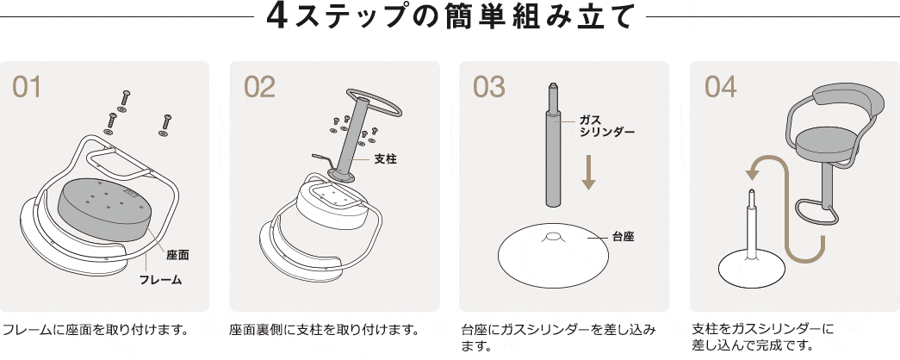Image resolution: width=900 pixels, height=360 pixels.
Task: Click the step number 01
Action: point(27,87)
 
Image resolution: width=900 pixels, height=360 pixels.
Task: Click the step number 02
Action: point(259,87)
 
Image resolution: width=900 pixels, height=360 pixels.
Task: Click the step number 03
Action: point(489,87)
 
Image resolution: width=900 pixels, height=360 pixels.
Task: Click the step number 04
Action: point(721,87)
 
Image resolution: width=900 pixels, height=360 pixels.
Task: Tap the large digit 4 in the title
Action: point(277,18)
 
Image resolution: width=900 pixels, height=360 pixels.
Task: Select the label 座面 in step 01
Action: point(177,255)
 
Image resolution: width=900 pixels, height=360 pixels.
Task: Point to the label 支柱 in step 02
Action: point(385,159)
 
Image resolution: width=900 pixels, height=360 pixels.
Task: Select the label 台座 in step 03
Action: point(623,235)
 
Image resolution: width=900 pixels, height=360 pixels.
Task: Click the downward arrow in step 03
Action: point(589,171)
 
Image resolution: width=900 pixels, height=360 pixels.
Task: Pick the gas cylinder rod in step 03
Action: point(553,155)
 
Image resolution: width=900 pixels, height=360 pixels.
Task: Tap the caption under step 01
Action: point(96,329)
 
